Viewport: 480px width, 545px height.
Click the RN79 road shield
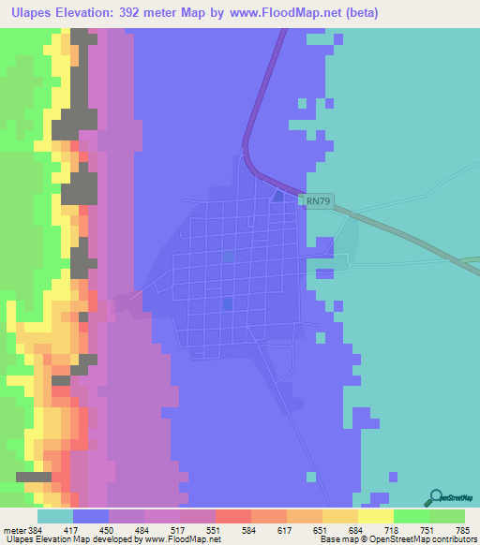tap(317, 200)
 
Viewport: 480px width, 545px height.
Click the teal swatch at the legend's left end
tap(55, 516)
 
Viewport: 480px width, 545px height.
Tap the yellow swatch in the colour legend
tap(375, 516)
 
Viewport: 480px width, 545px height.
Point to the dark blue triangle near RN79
tap(277, 196)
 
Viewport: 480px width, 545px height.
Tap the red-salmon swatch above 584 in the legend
tap(232, 516)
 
